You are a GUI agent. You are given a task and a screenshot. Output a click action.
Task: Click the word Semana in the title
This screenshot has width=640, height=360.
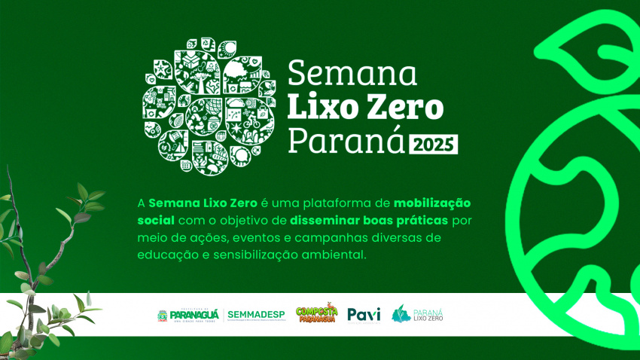coord(352,74)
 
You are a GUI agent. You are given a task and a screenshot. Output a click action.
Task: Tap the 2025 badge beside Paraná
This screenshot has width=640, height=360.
coord(434,145)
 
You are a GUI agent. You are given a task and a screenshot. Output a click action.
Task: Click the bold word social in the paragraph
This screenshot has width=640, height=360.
coord(156,221)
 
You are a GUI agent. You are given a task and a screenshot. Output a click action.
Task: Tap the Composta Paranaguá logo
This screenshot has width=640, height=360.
coord(316,314)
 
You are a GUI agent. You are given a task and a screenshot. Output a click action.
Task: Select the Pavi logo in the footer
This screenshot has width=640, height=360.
coord(364,314)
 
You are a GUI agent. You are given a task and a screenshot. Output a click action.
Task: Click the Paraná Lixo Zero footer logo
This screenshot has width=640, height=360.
coord(418,314)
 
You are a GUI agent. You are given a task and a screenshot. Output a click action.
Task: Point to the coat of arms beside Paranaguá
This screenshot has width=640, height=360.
coord(162,315)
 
